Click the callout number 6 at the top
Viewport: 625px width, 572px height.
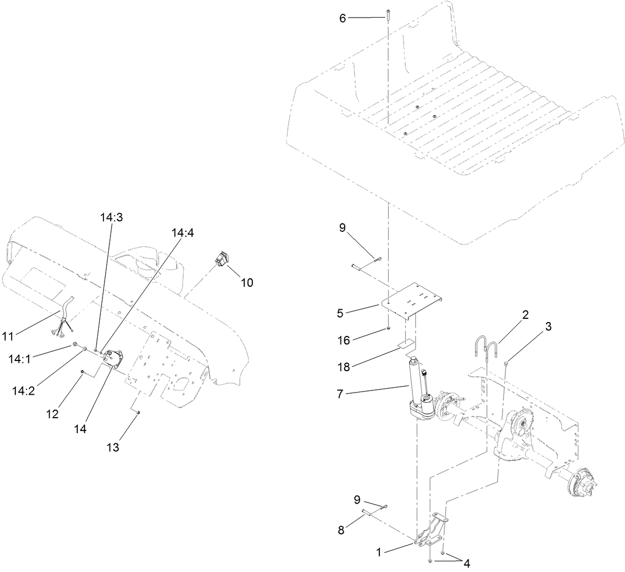coord(343,18)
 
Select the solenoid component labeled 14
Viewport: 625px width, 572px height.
coord(112,358)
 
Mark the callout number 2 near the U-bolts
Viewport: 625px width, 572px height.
coord(525,315)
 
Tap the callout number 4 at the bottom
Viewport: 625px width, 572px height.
coord(466,563)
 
